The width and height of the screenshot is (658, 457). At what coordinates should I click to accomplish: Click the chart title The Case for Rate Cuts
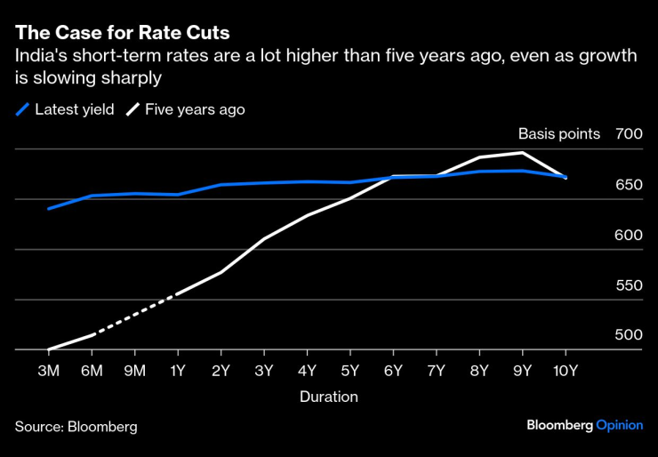pos(122,33)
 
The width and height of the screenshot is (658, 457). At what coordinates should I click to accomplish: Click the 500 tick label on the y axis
pos(628,335)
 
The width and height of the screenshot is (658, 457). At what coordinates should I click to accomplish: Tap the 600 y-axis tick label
pos(628,235)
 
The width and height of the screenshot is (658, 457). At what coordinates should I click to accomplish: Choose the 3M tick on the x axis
pos(48,371)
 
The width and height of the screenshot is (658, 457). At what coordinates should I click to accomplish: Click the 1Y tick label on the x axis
pos(178,371)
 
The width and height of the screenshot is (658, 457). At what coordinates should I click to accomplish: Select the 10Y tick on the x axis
pos(566,371)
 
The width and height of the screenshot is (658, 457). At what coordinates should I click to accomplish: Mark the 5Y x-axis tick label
pos(350,371)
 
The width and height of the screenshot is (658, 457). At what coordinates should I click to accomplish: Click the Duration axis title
pos(329,397)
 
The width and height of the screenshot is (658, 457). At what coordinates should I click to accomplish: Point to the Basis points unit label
pos(559,134)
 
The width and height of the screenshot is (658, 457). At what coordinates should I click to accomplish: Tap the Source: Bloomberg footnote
pos(76,426)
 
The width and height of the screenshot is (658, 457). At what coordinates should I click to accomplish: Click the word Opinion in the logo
pos(619,425)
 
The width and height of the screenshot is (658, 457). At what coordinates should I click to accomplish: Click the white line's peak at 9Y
pos(523,153)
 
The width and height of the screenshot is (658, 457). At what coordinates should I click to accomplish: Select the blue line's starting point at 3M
pos(48,209)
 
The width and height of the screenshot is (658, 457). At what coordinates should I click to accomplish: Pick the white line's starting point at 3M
pos(48,349)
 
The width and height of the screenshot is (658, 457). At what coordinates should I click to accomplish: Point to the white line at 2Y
pos(221,272)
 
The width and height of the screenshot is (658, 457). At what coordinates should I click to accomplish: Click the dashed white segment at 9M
pos(135,314)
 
